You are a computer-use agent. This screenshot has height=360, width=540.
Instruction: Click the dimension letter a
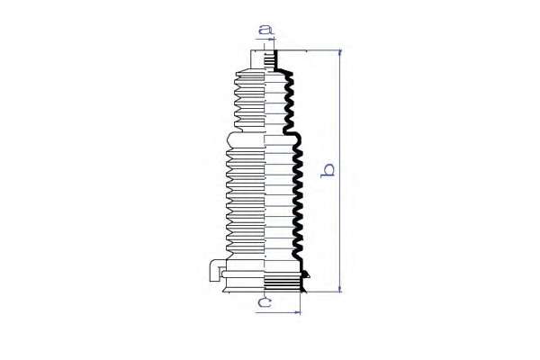tap(265, 30)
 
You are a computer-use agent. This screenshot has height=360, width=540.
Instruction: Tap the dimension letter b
tap(328, 170)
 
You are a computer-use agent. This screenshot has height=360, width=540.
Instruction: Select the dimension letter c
tap(265, 302)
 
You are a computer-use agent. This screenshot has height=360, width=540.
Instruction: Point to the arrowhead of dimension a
tap(273, 40)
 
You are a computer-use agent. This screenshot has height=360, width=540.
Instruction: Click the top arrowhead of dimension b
tap(340, 52)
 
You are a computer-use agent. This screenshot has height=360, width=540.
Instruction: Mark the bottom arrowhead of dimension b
tap(340, 290)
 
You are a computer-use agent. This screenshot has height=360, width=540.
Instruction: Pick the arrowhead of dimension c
tap(298, 312)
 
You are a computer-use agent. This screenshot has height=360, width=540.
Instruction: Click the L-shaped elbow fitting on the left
tap(215, 270)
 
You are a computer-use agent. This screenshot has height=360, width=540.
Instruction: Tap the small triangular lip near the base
tap(306, 274)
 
